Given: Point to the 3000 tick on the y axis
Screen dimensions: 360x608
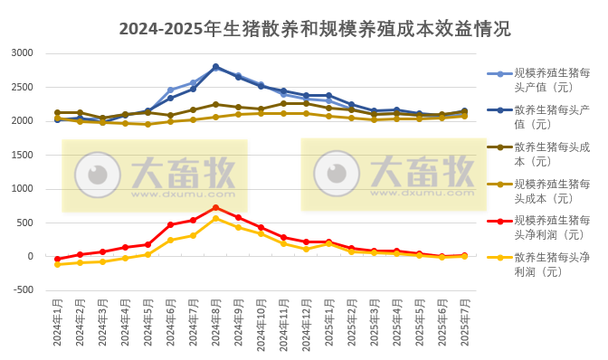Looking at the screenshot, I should pyautogui.click(x=22, y=53).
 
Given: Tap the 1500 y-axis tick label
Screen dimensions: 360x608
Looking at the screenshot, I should pyautogui.click(x=22, y=155).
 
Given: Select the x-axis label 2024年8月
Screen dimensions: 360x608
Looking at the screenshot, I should pyautogui.click(x=215, y=323).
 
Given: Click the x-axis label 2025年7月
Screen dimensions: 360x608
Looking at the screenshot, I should pyautogui.click(x=464, y=323).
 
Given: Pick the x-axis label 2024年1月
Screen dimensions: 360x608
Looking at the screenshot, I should pyautogui.click(x=57, y=323).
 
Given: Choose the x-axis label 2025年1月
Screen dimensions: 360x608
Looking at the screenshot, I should pyautogui.click(x=328, y=323).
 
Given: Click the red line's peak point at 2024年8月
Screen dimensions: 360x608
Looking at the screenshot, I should pyautogui.click(x=215, y=207).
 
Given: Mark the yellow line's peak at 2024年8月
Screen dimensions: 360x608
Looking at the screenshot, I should pyautogui.click(x=215, y=218).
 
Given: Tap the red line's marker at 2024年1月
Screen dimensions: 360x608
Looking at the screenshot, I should pyautogui.click(x=57, y=259).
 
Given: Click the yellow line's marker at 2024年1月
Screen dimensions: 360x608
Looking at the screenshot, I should pyautogui.click(x=57, y=264).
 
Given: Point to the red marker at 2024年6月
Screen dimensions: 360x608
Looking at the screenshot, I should pyautogui.click(x=170, y=224).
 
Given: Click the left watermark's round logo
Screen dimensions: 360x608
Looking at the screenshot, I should pyautogui.click(x=97, y=175).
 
